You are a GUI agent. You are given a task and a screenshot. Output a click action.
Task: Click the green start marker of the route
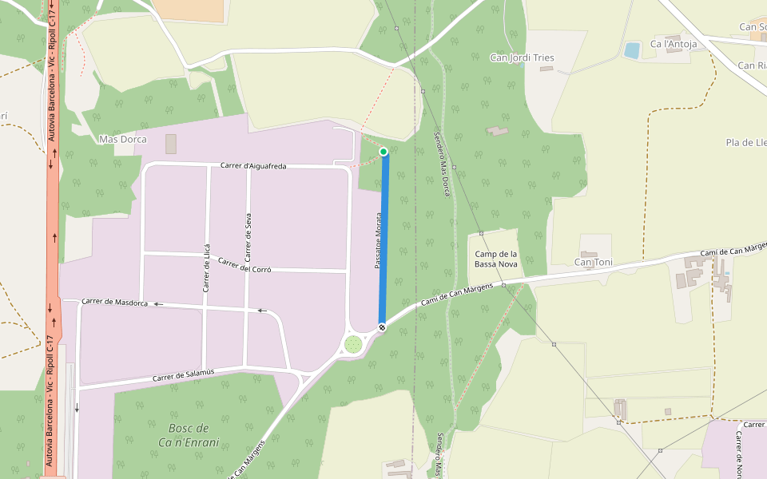[x=383, y=152]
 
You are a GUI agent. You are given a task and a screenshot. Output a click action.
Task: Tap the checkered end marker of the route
[x=382, y=327]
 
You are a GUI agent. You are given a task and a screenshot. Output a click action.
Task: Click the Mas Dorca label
[x=122, y=139]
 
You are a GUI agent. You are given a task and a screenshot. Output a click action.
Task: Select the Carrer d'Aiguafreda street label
[x=253, y=165]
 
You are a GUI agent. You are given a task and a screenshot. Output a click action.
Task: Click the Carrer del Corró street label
[x=244, y=266]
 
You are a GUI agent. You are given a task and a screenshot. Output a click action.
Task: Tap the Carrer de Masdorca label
[x=115, y=302]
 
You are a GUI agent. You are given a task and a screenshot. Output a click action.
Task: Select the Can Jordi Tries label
[x=522, y=57]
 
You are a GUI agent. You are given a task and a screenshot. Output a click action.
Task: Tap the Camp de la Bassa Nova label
[x=496, y=259]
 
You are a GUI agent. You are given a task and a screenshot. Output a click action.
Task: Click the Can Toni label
[x=594, y=262]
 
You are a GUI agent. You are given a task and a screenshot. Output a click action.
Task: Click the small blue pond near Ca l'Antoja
[x=632, y=50]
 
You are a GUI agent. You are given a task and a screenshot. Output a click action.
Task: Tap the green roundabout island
[x=352, y=344]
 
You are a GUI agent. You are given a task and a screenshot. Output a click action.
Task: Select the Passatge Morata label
[x=379, y=239]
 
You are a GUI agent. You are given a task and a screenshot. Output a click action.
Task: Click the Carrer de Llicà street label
[x=206, y=267]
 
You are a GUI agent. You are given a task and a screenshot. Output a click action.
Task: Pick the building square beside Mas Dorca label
[x=171, y=144]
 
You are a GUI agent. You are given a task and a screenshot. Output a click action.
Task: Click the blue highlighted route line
[x=383, y=239]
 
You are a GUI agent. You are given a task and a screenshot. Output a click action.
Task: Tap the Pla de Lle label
[x=745, y=142]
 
